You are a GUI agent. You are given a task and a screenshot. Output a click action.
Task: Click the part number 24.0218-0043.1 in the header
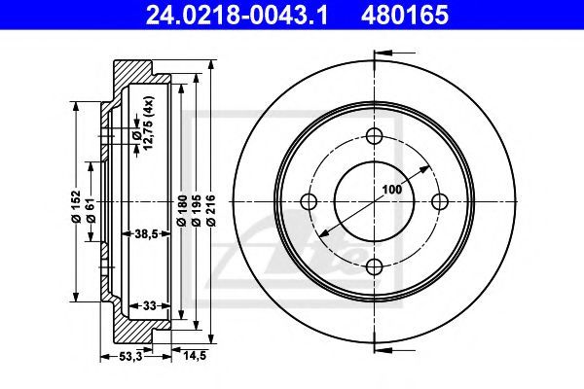point(237,16)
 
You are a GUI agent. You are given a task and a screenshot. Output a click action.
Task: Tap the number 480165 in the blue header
point(405,16)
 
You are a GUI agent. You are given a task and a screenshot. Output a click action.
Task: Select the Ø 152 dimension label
point(76,207)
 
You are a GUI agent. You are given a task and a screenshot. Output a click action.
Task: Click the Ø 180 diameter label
point(181,210)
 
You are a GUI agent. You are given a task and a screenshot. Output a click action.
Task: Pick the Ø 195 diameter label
point(197,210)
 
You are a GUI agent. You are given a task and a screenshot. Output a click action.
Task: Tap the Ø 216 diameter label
point(211,210)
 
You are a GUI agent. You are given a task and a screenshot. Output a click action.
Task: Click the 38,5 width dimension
point(146,233)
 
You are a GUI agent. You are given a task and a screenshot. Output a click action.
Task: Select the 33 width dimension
point(149,306)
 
